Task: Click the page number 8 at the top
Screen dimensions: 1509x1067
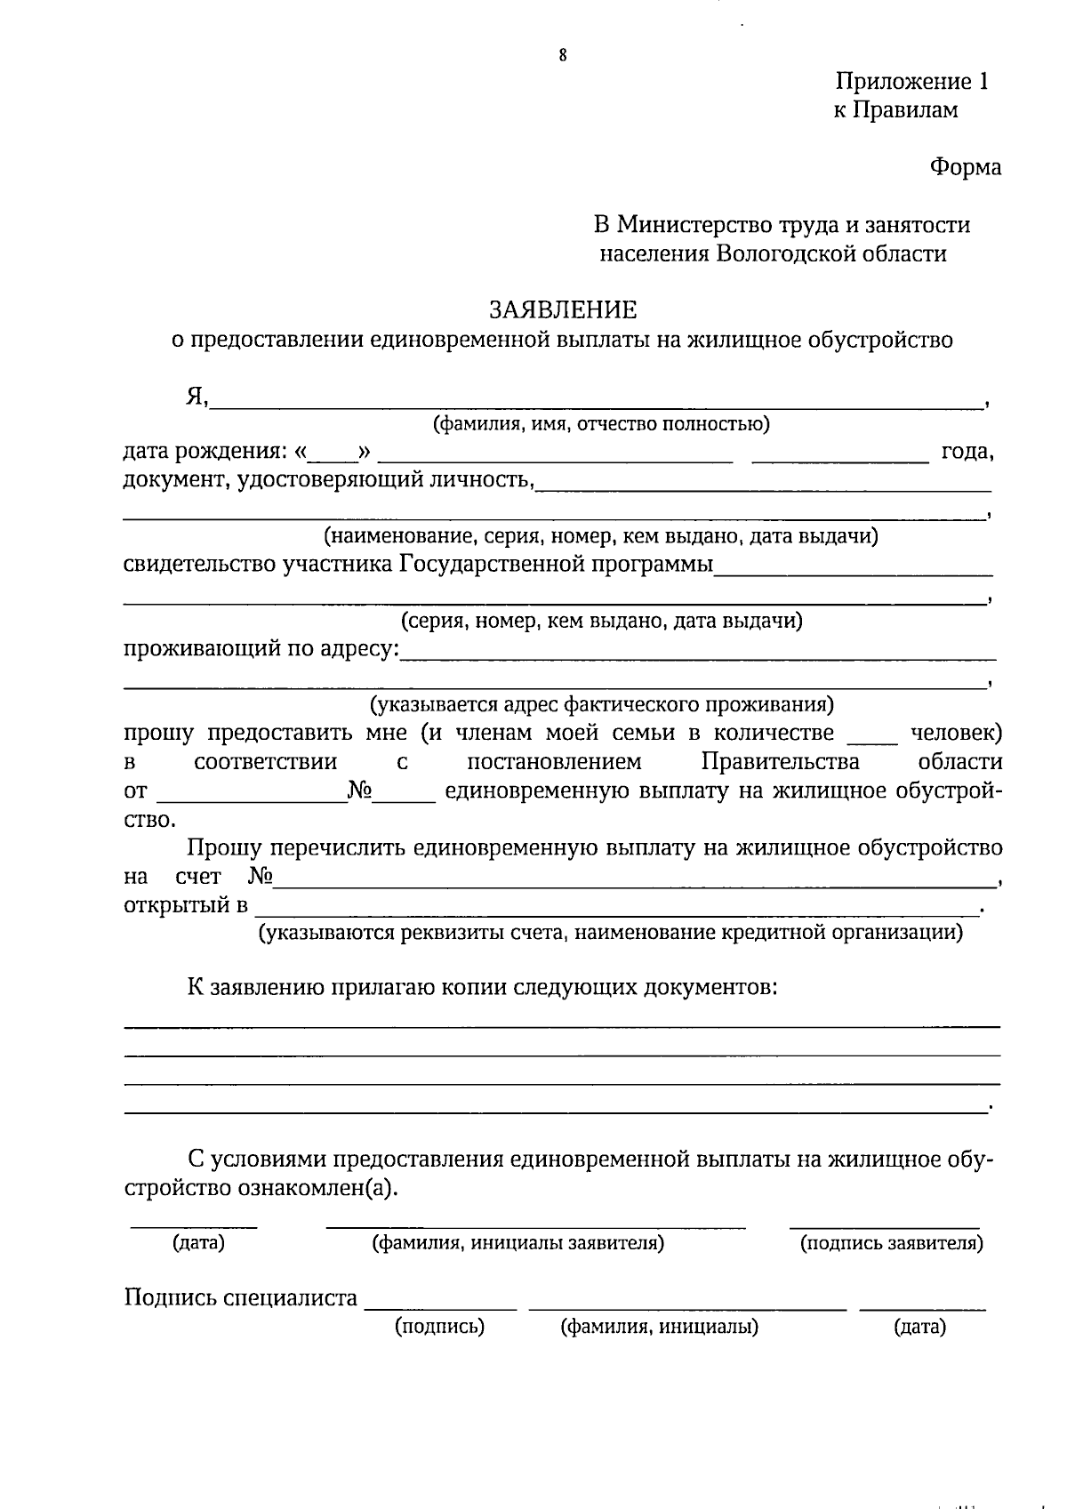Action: point(563,55)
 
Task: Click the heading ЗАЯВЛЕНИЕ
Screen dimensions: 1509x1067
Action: point(563,309)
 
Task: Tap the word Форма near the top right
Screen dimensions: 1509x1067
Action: point(965,167)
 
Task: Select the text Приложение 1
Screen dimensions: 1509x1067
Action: point(911,82)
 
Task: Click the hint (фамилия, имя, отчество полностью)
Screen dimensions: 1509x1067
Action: point(601,424)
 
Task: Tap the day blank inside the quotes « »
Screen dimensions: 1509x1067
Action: point(333,456)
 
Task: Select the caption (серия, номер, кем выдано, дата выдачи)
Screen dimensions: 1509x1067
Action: point(601,621)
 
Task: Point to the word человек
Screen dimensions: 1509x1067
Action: point(957,734)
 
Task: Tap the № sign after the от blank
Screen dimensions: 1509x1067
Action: point(359,790)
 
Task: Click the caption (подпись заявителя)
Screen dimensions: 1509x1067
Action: point(892,1243)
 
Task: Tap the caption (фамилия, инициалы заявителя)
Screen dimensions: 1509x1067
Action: point(517,1243)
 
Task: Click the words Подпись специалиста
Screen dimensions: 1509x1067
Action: point(240,1298)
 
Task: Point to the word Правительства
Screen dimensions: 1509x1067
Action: point(780,762)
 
